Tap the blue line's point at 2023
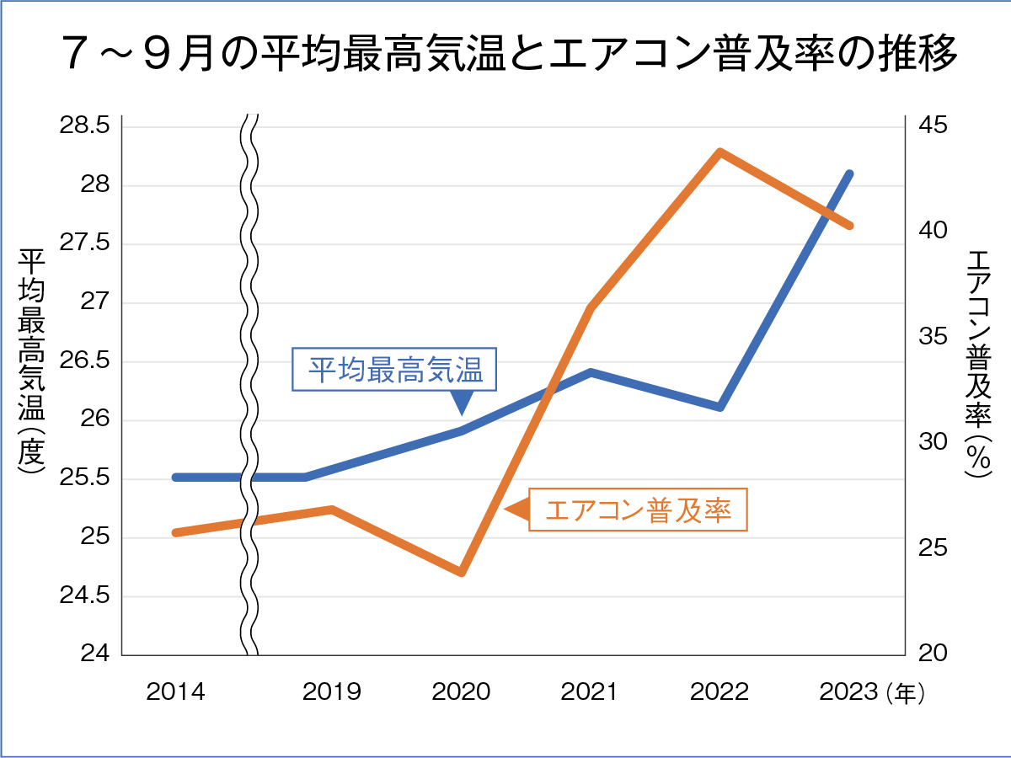pos(849,174)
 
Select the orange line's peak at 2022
pos(719,152)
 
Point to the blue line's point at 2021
pos(591,372)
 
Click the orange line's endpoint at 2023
pos(849,226)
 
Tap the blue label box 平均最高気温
pos(395,370)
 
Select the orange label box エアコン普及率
pos(638,510)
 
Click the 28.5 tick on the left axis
pos(84,126)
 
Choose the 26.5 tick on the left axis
pos(84,361)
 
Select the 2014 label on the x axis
pos(175,692)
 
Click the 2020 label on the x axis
pos(461,692)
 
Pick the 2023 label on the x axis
pos(848,692)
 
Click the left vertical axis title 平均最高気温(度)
pos(32,362)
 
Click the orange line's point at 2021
pos(591,308)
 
